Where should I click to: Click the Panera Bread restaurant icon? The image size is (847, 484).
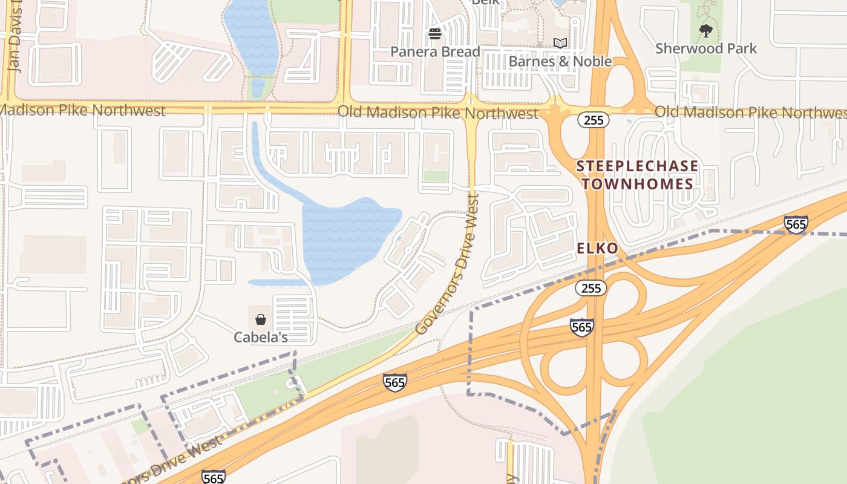435,34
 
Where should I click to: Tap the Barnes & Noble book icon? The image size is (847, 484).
560,44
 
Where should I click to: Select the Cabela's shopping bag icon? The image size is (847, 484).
261,319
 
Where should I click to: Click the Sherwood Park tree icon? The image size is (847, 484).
705,30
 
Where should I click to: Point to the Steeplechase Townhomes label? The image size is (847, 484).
637,175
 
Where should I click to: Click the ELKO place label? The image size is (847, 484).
597,248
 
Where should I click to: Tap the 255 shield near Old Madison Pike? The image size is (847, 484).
594,120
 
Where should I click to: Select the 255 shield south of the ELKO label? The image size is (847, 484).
590,288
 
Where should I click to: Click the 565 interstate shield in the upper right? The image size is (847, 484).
796,224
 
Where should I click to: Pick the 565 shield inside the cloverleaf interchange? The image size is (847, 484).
581,327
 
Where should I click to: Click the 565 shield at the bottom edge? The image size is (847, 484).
213,477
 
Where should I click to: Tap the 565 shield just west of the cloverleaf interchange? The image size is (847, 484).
394,382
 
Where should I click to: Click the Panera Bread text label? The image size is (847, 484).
435,52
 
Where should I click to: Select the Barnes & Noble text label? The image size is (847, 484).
560,62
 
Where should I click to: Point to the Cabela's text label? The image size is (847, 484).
261,337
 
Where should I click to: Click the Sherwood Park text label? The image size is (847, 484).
705,48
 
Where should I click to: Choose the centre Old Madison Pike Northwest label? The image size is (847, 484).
437,113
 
